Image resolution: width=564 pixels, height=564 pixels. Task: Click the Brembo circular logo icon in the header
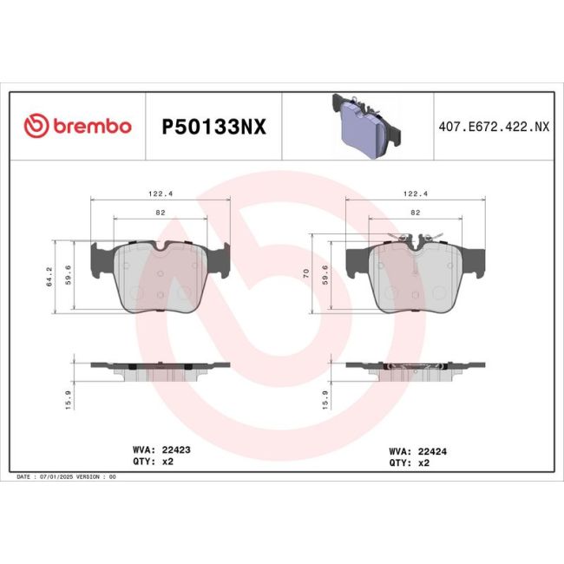[36, 126]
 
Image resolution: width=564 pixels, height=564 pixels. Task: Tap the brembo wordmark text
[93, 126]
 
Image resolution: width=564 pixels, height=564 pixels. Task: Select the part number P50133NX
[213, 127]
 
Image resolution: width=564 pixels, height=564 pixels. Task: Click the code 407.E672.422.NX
[494, 127]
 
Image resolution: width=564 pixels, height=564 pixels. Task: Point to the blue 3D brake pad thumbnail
[366, 126]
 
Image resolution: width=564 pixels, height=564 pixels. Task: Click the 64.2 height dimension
[49, 276]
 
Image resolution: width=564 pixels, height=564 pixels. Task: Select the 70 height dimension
[306, 273]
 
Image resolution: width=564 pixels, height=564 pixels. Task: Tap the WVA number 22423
[176, 449]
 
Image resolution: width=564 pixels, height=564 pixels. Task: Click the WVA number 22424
[432, 451]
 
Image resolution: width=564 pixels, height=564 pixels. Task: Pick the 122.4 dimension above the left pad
[161, 193]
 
